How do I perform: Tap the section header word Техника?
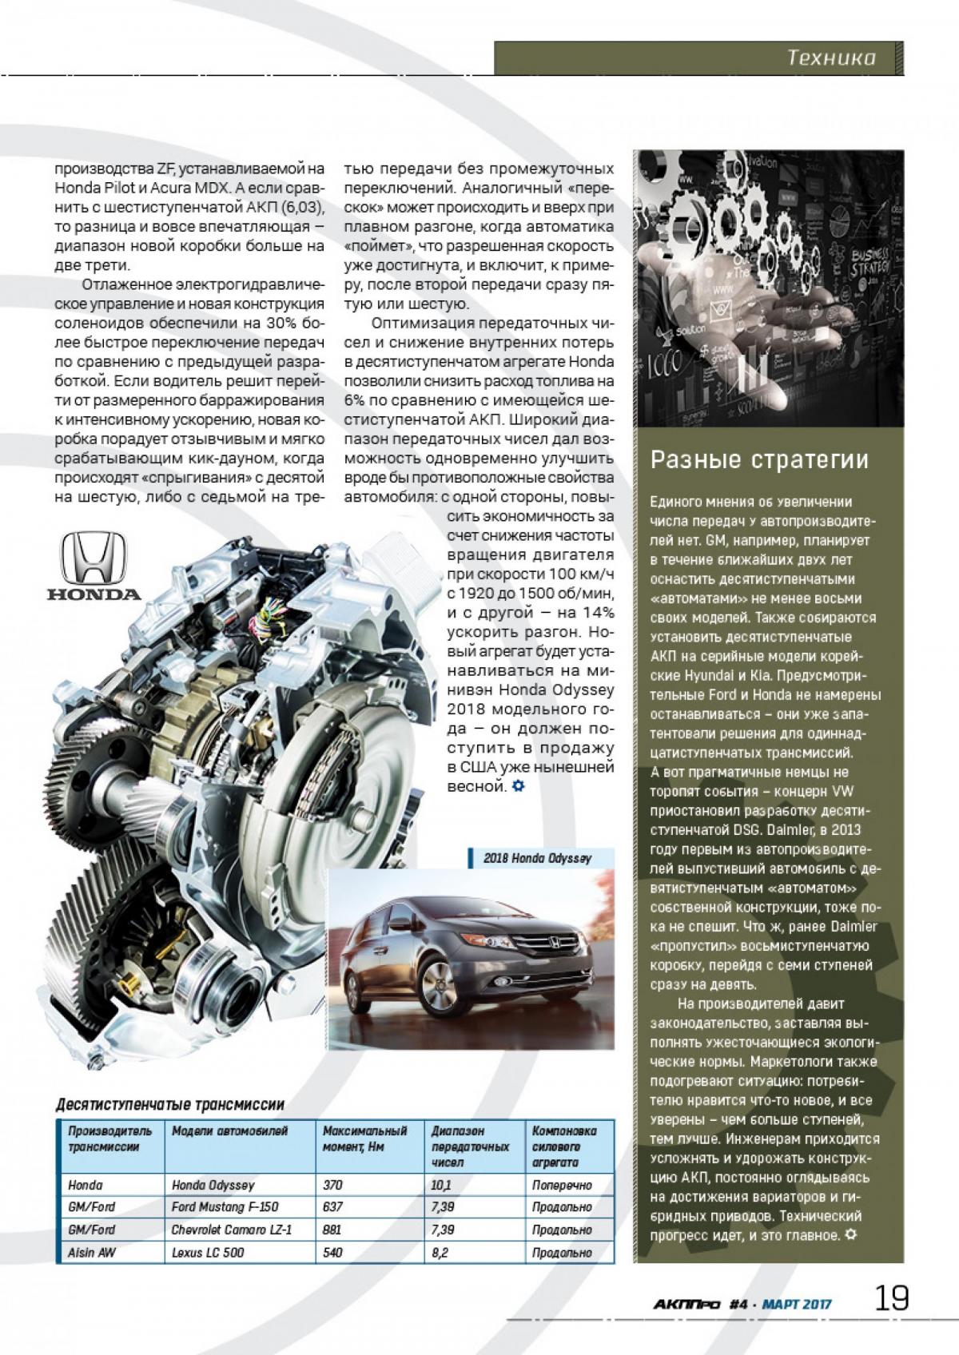coord(831,58)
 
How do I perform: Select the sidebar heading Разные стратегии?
coord(758,460)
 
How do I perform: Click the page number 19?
coord(891,1297)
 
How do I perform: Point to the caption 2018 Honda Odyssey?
coord(537,858)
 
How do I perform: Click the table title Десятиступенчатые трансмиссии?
coord(170,1105)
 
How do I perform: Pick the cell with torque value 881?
coord(332,1230)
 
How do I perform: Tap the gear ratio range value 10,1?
coord(441,1185)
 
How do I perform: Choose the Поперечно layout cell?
coord(562,1185)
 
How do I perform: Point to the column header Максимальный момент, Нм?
coord(364,1138)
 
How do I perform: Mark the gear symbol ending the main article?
coord(518,786)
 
